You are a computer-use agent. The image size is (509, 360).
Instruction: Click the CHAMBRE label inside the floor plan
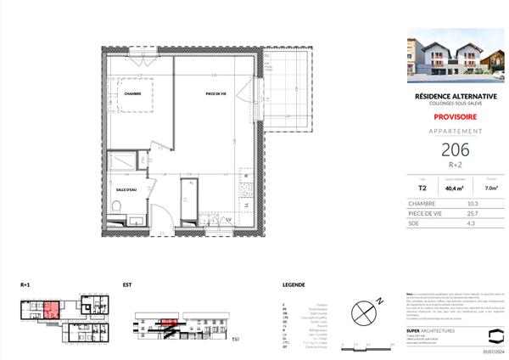(x=131, y=94)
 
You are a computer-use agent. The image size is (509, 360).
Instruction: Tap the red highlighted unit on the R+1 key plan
(x=50, y=311)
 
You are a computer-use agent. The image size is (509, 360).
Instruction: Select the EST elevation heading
(x=127, y=284)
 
